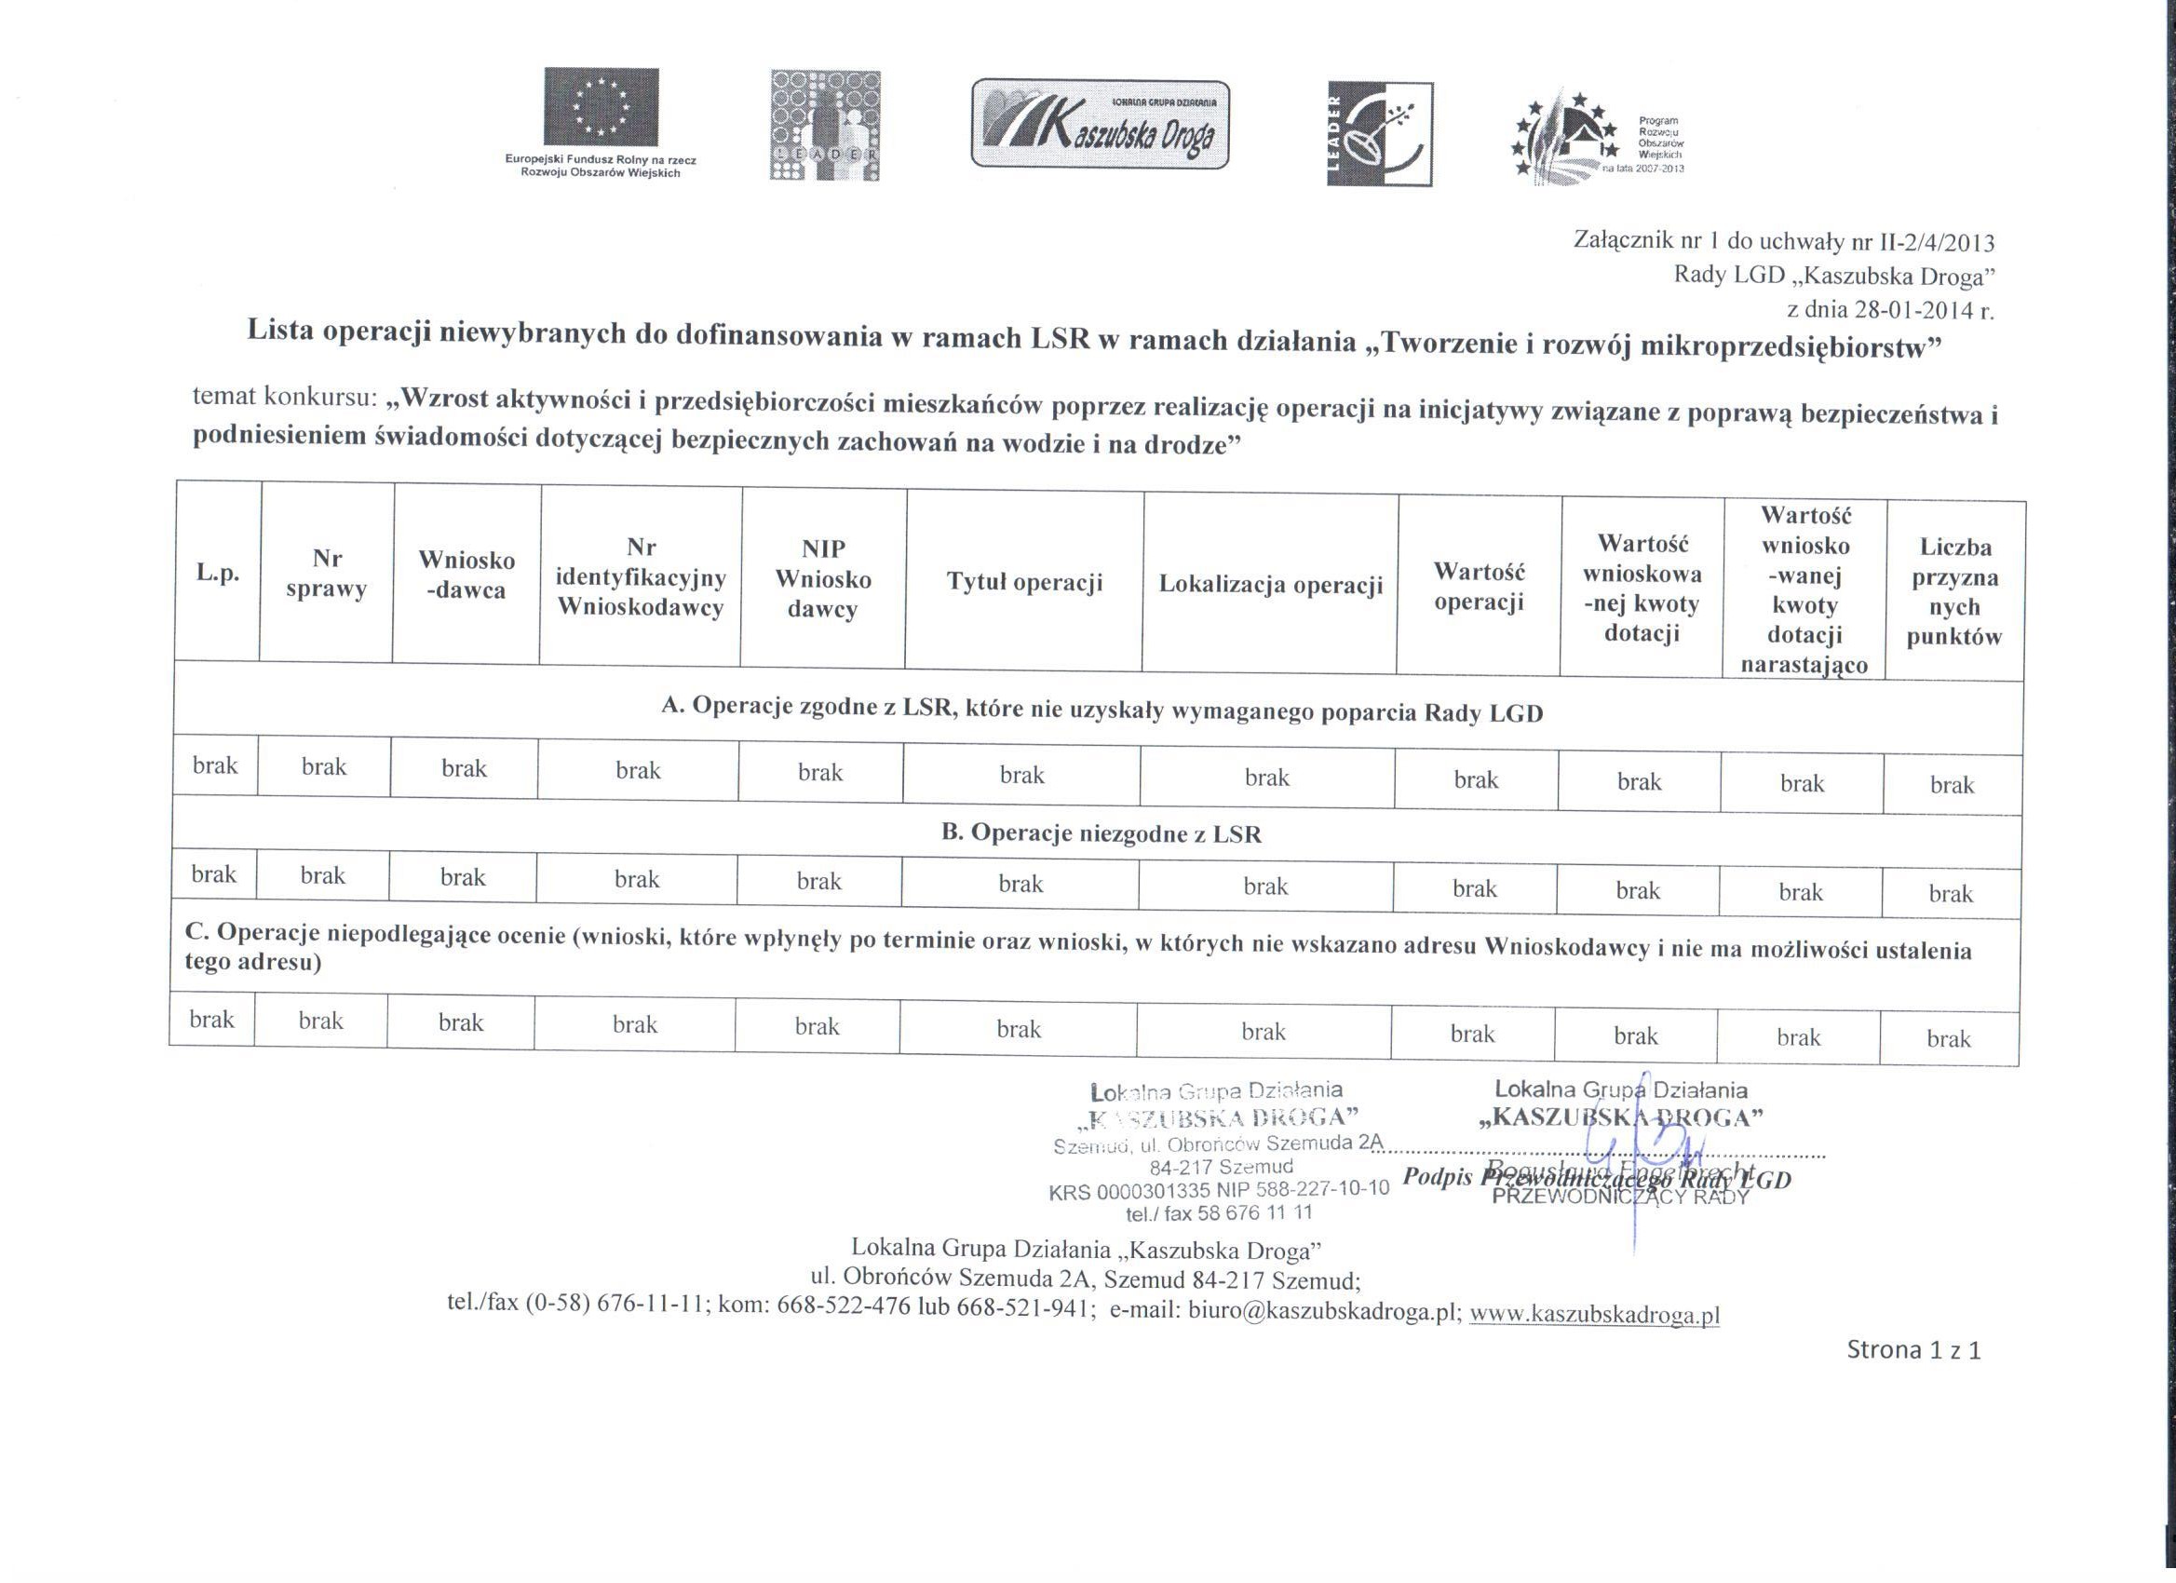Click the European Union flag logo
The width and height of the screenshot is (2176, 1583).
pyautogui.click(x=601, y=106)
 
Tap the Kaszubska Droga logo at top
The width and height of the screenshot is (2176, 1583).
pyautogui.click(x=1101, y=125)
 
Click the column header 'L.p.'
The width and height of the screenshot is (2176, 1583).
pyautogui.click(x=218, y=573)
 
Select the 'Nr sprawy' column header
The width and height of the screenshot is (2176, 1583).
pyautogui.click(x=327, y=574)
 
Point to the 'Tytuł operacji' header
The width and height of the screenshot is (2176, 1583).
pyautogui.click(x=1024, y=581)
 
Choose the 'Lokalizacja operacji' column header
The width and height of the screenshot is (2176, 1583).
pyautogui.click(x=1270, y=584)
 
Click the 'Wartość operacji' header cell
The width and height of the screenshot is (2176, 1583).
pyautogui.click(x=1479, y=587)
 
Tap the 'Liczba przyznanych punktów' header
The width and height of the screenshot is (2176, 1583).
pyautogui.click(x=1954, y=592)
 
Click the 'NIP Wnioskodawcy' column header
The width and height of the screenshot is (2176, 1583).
pyautogui.click(x=823, y=578)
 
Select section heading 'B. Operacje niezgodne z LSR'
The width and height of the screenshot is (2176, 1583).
pyautogui.click(x=1101, y=832)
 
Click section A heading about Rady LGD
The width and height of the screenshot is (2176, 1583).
pyautogui.click(x=1102, y=710)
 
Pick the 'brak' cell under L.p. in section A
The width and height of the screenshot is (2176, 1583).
pyautogui.click(x=215, y=764)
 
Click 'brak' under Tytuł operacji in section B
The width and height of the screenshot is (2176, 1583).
pyautogui.click(x=1020, y=884)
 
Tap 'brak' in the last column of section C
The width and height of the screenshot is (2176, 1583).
pyautogui.click(x=1949, y=1038)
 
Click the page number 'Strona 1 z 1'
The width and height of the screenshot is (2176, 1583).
pyautogui.click(x=1913, y=1351)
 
